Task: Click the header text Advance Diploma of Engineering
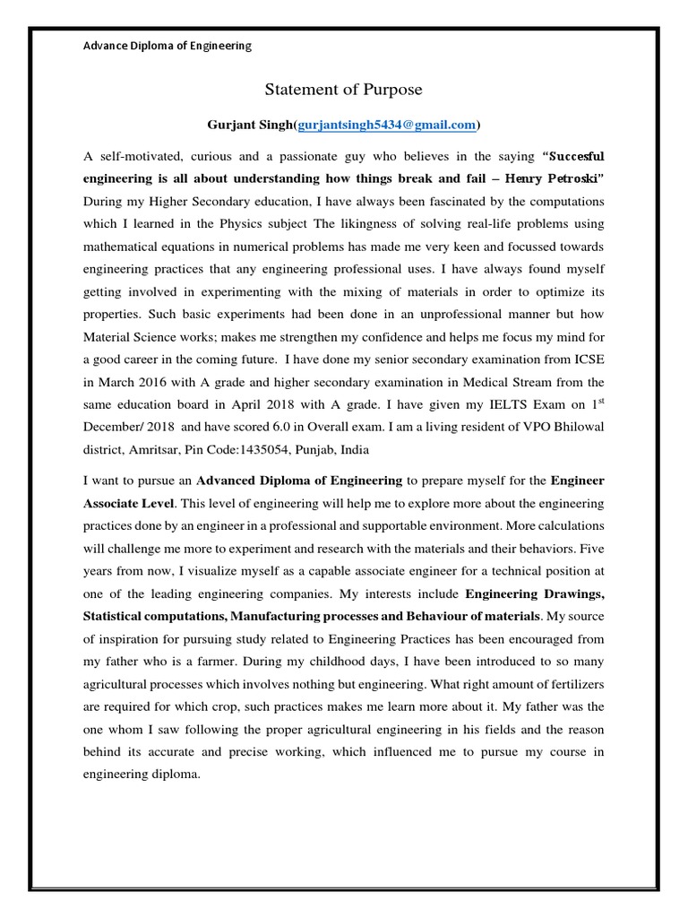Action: pos(168,45)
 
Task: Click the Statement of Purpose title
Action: pos(343,90)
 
